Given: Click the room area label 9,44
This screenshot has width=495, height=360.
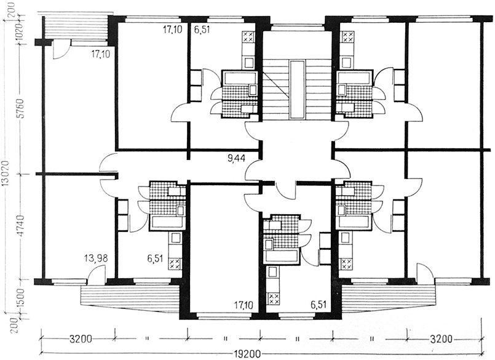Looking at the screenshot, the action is tap(237, 157).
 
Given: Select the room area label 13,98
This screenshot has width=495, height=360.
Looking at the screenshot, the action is tap(96, 258).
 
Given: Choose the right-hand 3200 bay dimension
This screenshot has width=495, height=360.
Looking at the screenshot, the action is tap(441, 340).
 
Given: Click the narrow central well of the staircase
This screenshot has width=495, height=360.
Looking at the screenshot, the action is tap(297, 90).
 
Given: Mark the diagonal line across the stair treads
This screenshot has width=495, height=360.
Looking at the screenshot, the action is tap(275, 84).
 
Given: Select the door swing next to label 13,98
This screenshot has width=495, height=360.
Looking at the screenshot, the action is tap(96, 273).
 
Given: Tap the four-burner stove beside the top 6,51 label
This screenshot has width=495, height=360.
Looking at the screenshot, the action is tap(247, 37).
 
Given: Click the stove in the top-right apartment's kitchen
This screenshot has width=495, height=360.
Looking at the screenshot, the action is tap(348, 37).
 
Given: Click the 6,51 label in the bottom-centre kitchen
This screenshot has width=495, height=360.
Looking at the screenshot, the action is tap(319, 305).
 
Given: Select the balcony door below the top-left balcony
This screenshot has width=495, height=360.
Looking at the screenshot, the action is tap(59, 49).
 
